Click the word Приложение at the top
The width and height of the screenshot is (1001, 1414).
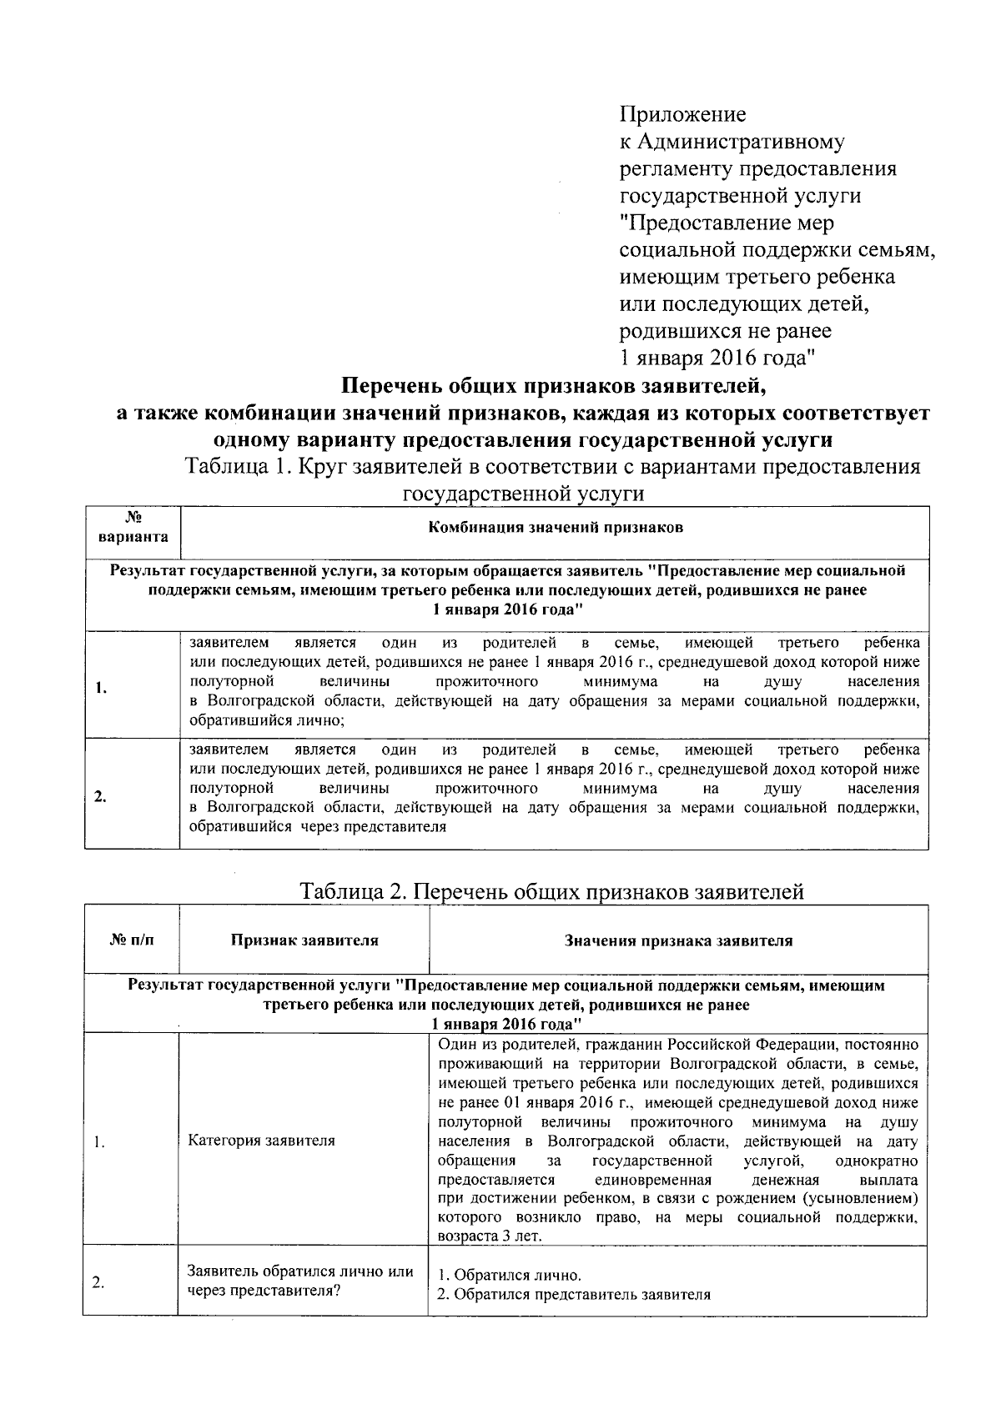pyautogui.click(x=682, y=114)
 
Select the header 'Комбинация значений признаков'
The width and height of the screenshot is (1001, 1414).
pyautogui.click(x=555, y=528)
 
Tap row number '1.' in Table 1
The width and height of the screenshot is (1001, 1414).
pyautogui.click(x=100, y=688)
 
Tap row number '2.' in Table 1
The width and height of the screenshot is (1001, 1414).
pyautogui.click(x=100, y=796)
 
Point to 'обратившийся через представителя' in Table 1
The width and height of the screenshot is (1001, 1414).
pyautogui.click(x=317, y=827)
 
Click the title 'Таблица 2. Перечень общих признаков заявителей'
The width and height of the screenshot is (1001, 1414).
pyautogui.click(x=552, y=891)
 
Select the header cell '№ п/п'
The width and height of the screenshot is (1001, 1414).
pyautogui.click(x=132, y=940)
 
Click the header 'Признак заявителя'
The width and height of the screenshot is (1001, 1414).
pyautogui.click(x=304, y=940)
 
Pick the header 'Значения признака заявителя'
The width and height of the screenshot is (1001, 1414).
pyautogui.click(x=678, y=940)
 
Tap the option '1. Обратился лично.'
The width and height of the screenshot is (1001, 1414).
pyautogui.click(x=509, y=1276)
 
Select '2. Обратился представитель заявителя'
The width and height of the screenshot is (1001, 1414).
pyautogui.click(x=574, y=1295)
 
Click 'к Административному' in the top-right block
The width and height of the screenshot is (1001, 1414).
pyautogui.click(x=732, y=142)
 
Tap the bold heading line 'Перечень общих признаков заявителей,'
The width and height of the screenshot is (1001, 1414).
pyautogui.click(x=553, y=386)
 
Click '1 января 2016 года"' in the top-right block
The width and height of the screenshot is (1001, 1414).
pyautogui.click(x=717, y=359)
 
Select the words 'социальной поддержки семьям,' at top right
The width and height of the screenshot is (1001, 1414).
pyautogui.click(x=776, y=250)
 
